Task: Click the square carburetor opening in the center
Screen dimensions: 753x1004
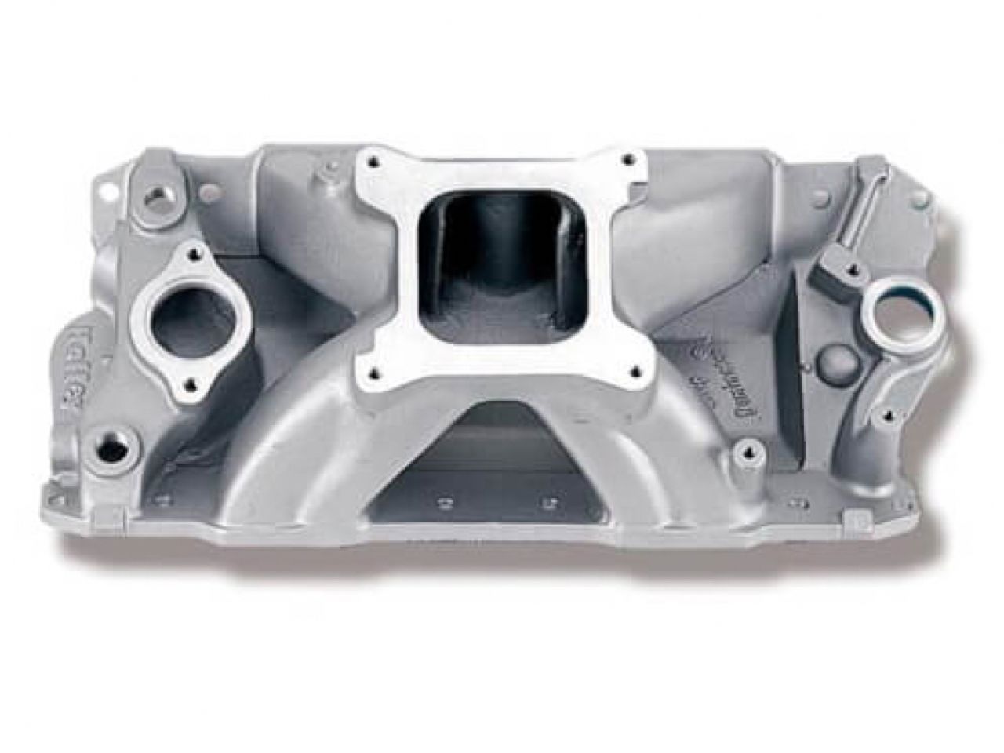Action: pyautogui.click(x=504, y=259)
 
